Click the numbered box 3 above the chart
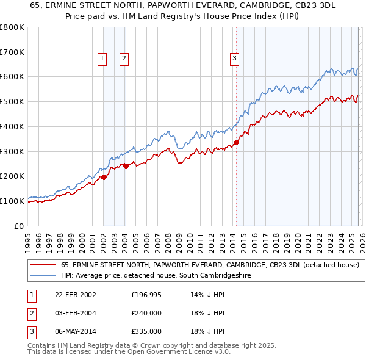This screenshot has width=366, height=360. point(234,59)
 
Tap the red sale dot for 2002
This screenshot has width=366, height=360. point(104,177)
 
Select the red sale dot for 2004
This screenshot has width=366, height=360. point(125,165)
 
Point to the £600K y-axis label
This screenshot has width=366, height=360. point(12,77)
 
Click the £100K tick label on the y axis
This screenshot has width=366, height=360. point(12,201)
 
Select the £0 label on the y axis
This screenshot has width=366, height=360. point(20,226)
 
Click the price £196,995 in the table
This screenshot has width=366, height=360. point(146,295)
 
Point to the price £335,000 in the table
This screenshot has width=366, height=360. point(146,331)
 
